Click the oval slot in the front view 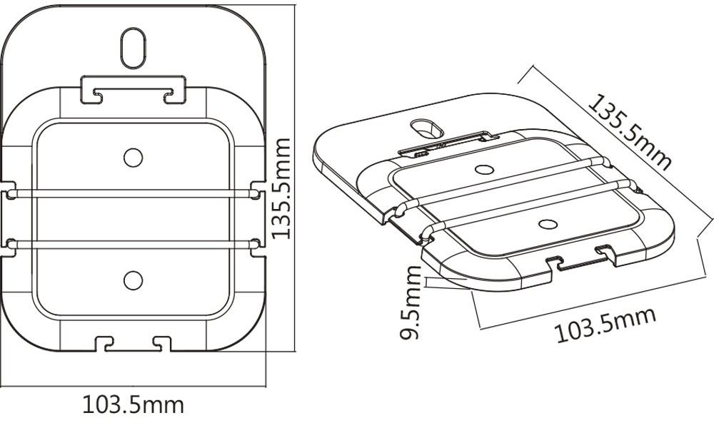point(133,49)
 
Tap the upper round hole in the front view point(133,158)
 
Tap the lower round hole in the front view point(133,280)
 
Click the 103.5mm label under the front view point(133,404)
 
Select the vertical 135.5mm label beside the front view point(281,188)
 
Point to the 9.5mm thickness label point(410,302)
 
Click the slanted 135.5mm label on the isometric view point(630,132)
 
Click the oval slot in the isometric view point(426,128)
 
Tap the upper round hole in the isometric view point(484,170)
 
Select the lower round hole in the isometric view point(548,224)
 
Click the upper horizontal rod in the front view point(133,194)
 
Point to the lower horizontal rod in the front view point(133,245)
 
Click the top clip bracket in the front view point(134,90)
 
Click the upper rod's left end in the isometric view point(401,209)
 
